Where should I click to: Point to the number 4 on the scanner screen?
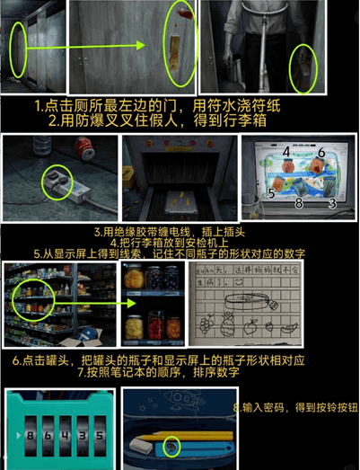click(x=286, y=153)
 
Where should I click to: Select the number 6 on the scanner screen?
click(x=320, y=153)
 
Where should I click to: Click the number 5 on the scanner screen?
click(x=270, y=192)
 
